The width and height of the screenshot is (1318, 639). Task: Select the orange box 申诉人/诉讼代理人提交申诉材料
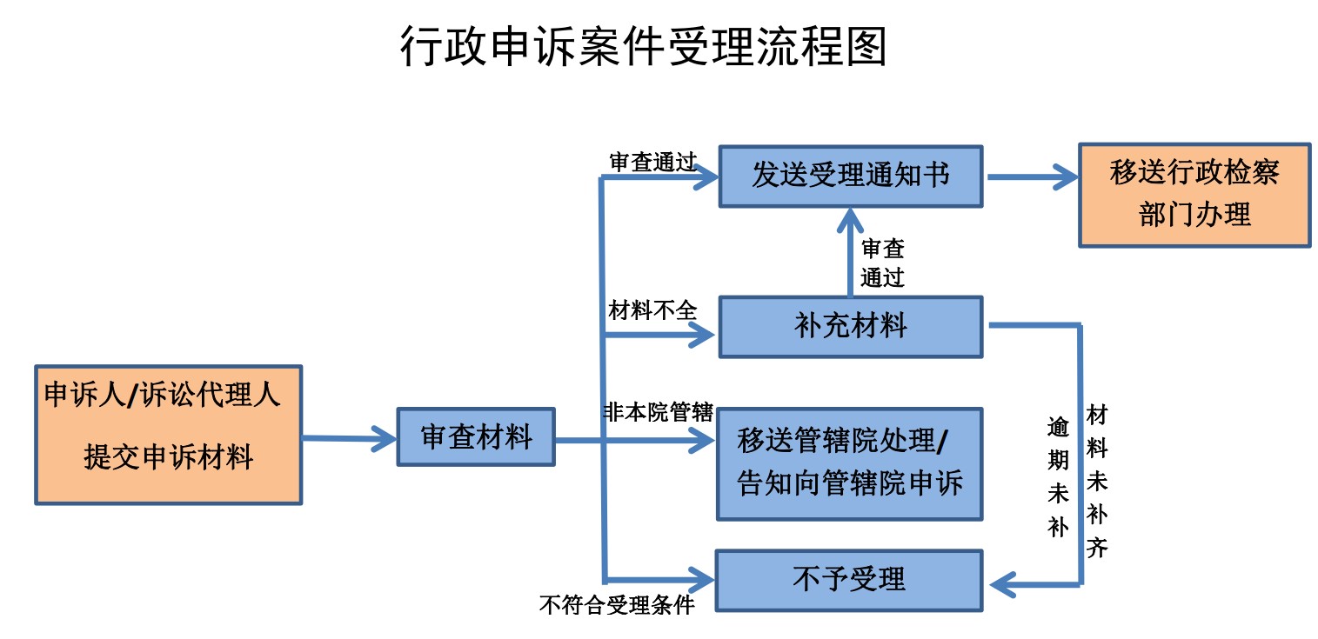168,435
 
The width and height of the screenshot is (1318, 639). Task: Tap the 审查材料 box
476,436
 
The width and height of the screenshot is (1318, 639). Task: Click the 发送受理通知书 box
850,176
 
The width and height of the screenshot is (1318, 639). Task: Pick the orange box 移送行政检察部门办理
1194,195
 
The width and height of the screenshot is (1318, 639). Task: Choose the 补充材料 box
850,326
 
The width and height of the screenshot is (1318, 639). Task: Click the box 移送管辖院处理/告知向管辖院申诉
849,463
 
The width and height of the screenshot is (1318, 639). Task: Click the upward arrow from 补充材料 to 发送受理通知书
850,252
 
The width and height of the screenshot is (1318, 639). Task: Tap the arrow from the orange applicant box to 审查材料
348,438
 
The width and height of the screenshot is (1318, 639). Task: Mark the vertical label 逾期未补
1057,476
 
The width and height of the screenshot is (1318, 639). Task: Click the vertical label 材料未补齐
1096,481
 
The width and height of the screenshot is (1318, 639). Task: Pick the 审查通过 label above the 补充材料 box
882,263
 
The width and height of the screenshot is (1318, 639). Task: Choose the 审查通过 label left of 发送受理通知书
652,163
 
